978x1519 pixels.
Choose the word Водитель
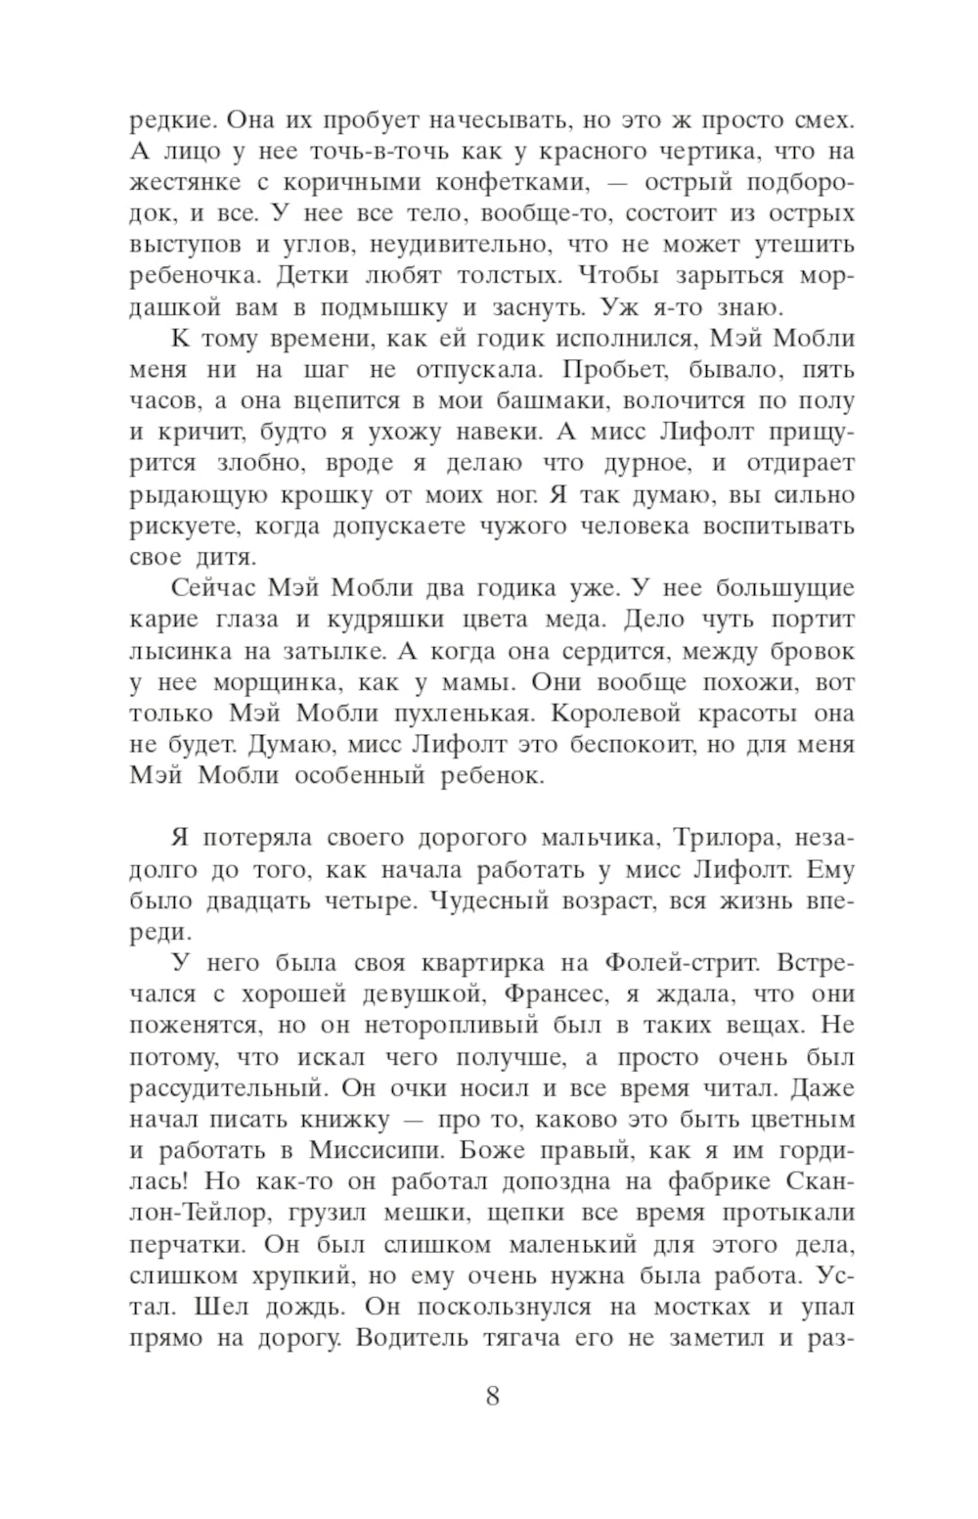[x=408, y=1337]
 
